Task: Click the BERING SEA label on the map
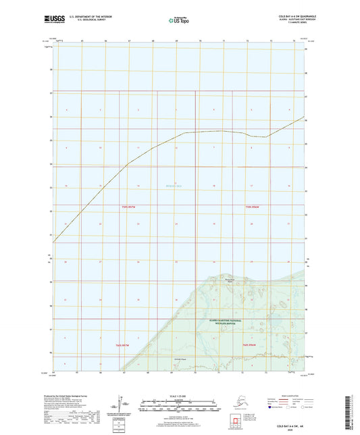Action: [x=177, y=186]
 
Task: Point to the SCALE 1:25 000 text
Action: [x=179, y=395]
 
